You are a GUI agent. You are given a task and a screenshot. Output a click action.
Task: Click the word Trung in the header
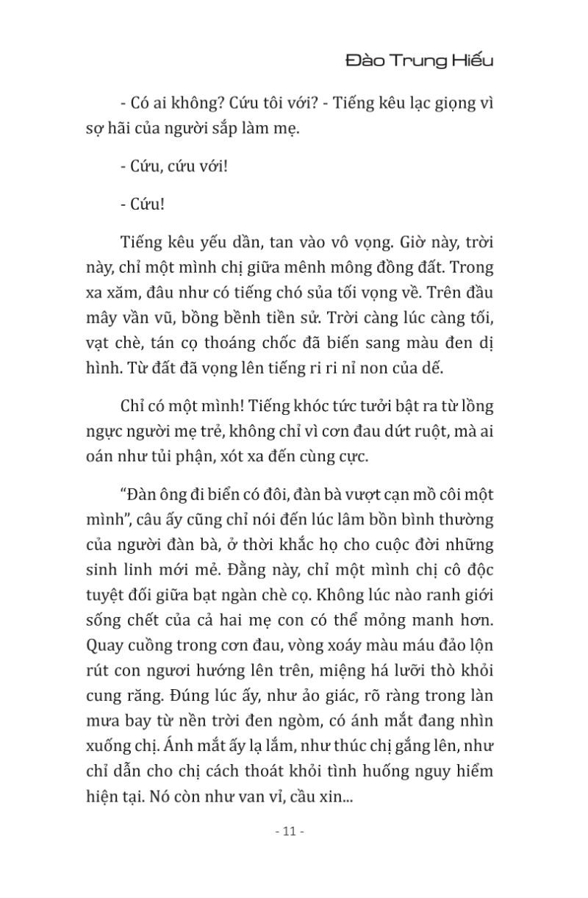416,62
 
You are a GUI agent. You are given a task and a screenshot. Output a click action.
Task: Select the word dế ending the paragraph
434,368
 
